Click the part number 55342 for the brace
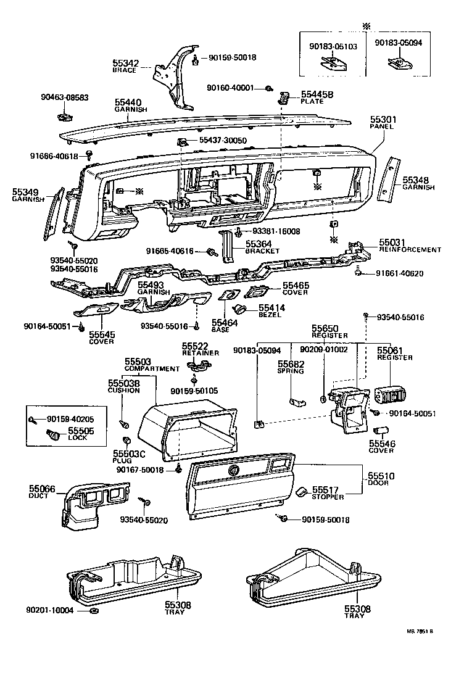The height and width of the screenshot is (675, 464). coord(125,63)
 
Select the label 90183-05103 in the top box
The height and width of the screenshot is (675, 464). coord(329,45)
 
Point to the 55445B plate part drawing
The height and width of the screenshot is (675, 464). coord(285,97)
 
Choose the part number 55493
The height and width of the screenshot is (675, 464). coord(151,285)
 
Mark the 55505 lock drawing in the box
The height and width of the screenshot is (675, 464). coord(56,435)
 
